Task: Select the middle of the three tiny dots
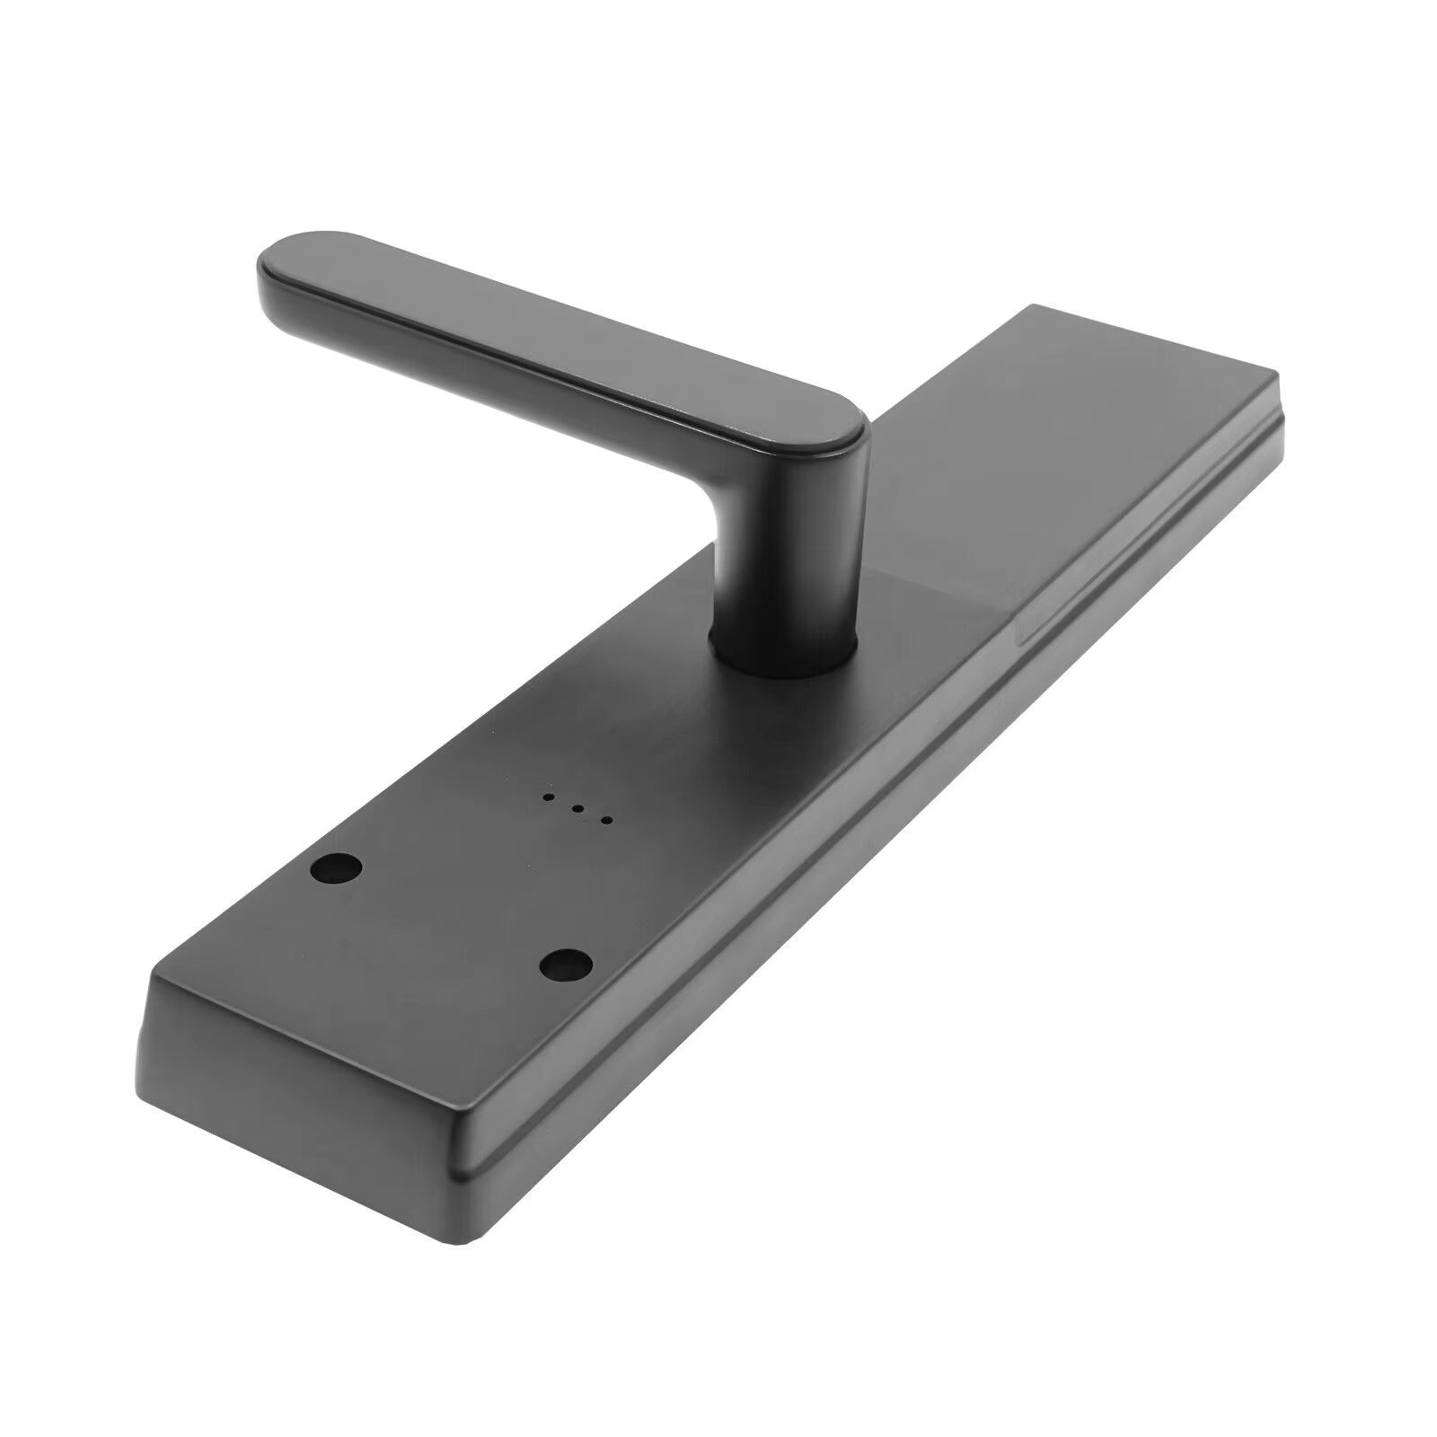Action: tap(577, 808)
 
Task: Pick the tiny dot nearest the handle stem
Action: tap(606, 820)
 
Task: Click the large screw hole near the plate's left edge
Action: tap(337, 868)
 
